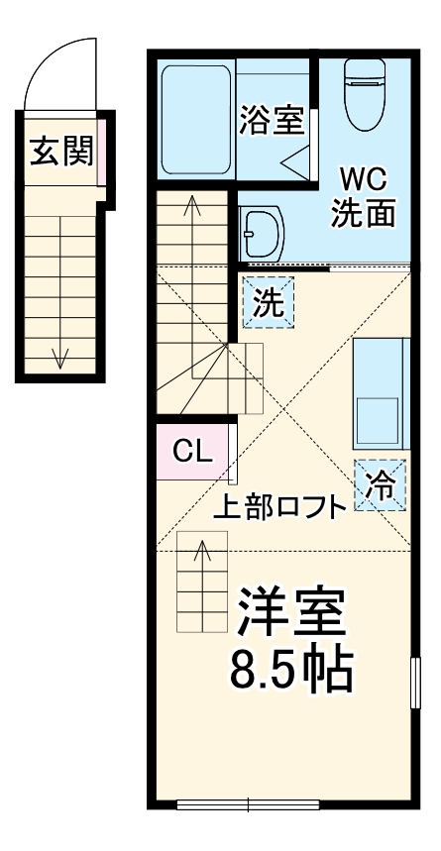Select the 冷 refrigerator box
(x=380, y=485)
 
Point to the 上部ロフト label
(x=281, y=506)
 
